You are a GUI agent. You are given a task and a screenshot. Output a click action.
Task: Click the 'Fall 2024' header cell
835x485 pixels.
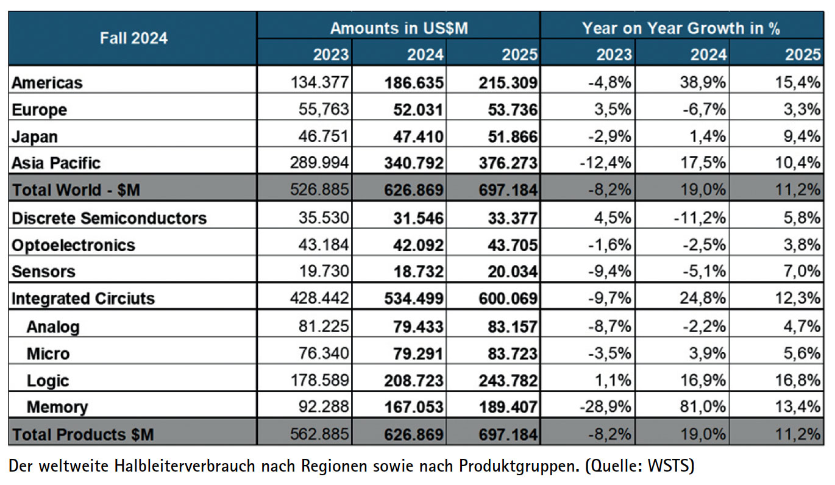coord(133,38)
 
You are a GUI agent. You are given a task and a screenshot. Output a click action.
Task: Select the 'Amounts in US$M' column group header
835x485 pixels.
coord(399,28)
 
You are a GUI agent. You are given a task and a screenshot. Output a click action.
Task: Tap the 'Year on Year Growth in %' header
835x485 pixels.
coord(680,28)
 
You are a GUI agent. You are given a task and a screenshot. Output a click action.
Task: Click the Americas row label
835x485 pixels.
coord(47,82)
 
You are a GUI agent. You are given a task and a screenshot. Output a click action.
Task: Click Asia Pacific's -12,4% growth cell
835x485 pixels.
coord(606,163)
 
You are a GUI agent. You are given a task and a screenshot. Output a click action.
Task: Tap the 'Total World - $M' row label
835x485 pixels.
coord(76,190)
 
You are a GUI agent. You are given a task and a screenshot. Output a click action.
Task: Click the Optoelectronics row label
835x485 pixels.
coord(73,245)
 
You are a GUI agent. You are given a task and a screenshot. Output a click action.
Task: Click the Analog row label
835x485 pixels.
coord(52,327)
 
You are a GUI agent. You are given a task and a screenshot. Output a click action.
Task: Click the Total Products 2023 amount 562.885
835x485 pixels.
coord(321,434)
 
